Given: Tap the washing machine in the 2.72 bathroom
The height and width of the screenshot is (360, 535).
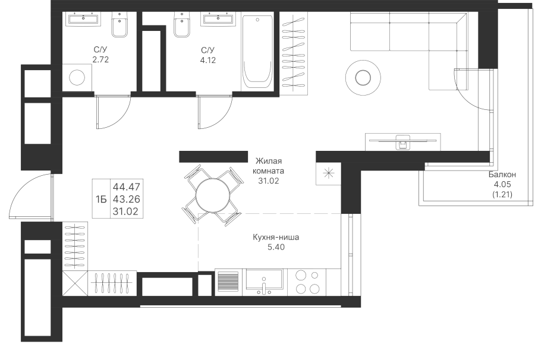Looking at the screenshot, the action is click(77, 78).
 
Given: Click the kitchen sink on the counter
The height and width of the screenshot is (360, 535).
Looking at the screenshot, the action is click(265, 282).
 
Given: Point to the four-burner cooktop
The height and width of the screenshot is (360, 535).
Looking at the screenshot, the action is click(307, 282).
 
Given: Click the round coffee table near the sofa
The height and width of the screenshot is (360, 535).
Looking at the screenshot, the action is click(363, 77).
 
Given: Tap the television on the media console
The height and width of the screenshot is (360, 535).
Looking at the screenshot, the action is click(402, 141).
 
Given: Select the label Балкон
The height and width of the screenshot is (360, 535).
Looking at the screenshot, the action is click(502, 175).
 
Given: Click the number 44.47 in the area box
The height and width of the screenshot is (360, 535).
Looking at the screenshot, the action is click(126, 187).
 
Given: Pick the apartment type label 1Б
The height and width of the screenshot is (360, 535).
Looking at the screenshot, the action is click(101, 199).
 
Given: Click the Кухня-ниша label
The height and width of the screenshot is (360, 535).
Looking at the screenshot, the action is click(276, 237).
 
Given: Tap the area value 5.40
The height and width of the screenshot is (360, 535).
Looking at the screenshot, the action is click(276, 247).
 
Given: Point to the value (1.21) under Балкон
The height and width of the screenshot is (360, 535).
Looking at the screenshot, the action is click(502, 195).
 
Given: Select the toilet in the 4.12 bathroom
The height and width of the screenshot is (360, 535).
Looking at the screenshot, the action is click(182, 24).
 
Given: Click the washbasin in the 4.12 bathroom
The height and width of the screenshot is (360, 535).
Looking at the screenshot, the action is click(219, 19).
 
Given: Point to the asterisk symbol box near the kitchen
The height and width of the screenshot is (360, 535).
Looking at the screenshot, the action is click(328, 173).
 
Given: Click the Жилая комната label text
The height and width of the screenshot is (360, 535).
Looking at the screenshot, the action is click(269, 166).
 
